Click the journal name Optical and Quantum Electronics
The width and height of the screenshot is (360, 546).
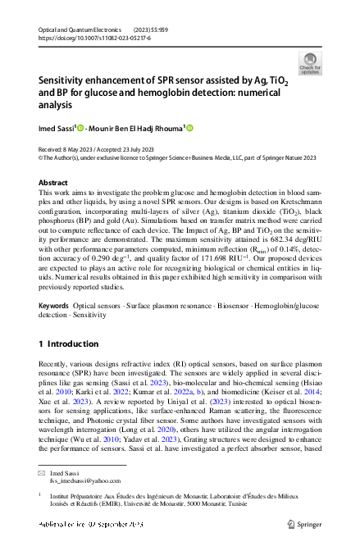click(x=76, y=30)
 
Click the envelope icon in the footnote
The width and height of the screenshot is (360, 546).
click(x=43, y=473)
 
